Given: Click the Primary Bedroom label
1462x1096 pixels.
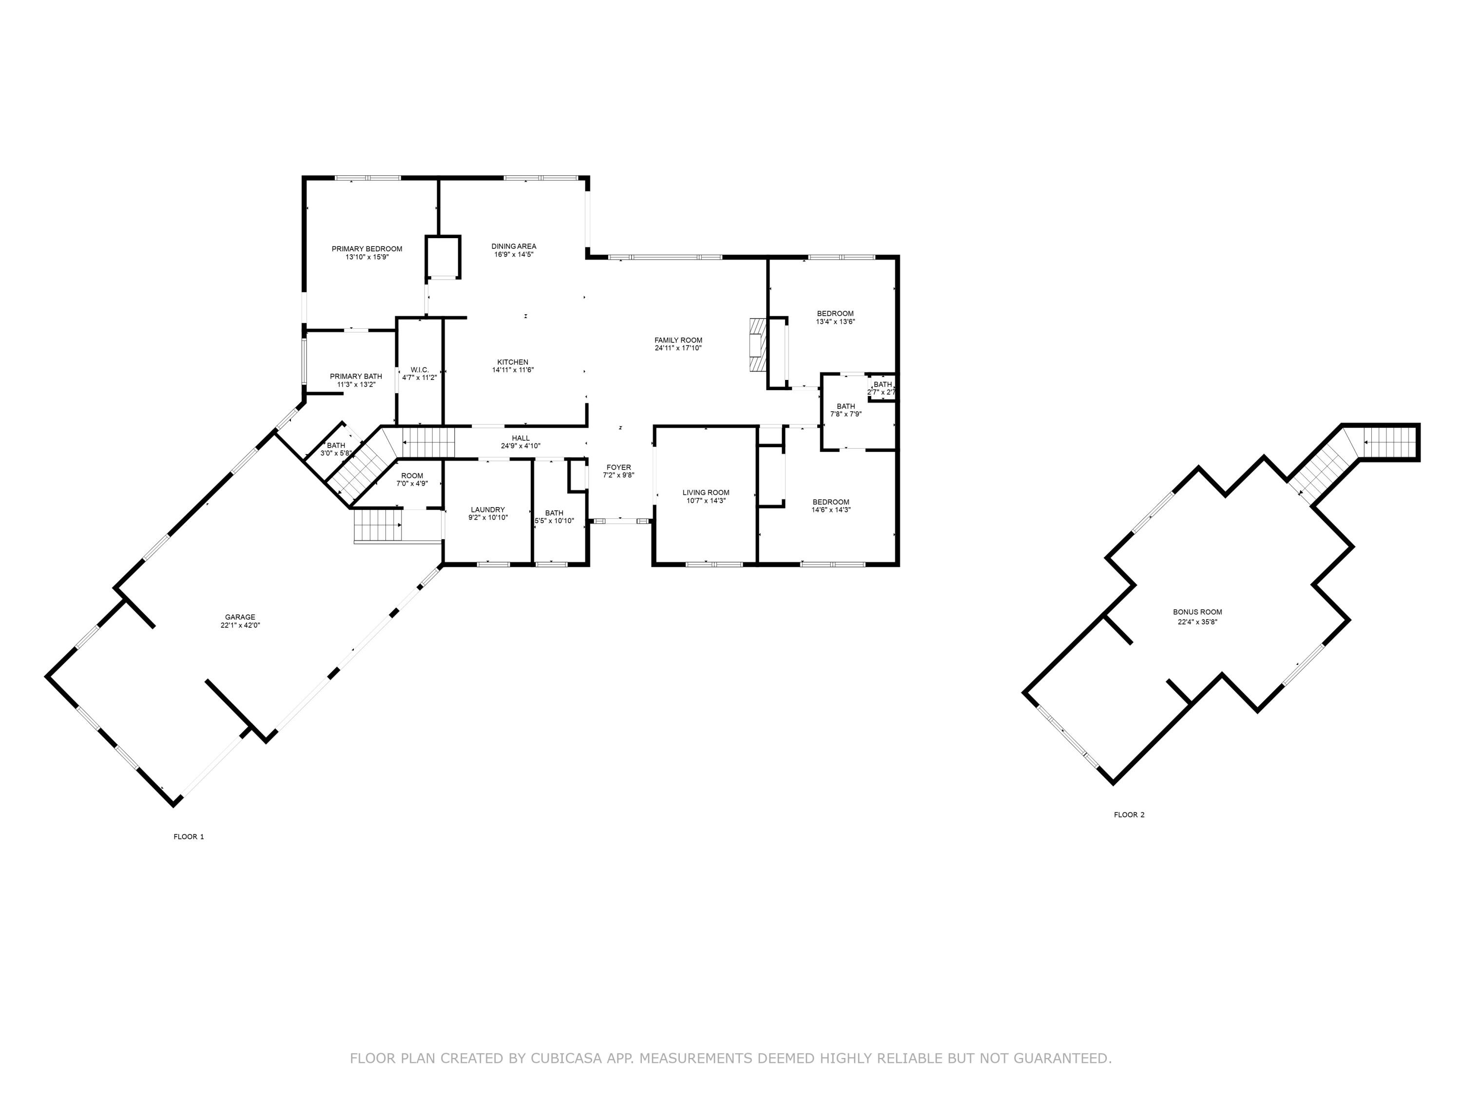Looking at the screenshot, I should tap(367, 249).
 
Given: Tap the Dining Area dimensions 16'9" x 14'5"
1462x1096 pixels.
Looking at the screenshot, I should tap(514, 254).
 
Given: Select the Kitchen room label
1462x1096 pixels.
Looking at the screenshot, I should tap(513, 362).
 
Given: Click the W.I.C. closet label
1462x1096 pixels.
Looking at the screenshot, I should tap(420, 370).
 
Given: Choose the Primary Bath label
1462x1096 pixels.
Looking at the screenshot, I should tap(356, 377).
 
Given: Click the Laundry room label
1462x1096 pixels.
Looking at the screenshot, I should tap(488, 510).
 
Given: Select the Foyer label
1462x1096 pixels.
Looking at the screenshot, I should tap(618, 467).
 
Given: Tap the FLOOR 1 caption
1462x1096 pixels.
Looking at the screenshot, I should tap(189, 836).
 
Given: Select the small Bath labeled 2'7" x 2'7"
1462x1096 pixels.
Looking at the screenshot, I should tap(883, 388).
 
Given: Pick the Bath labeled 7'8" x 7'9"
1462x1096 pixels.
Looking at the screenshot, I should tap(846, 410).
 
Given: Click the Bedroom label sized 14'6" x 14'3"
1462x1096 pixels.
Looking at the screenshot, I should tap(831, 506).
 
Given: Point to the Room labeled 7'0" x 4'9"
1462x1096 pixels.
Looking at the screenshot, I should tap(412, 480).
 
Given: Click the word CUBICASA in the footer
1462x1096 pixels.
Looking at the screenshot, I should tap(566, 1058).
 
